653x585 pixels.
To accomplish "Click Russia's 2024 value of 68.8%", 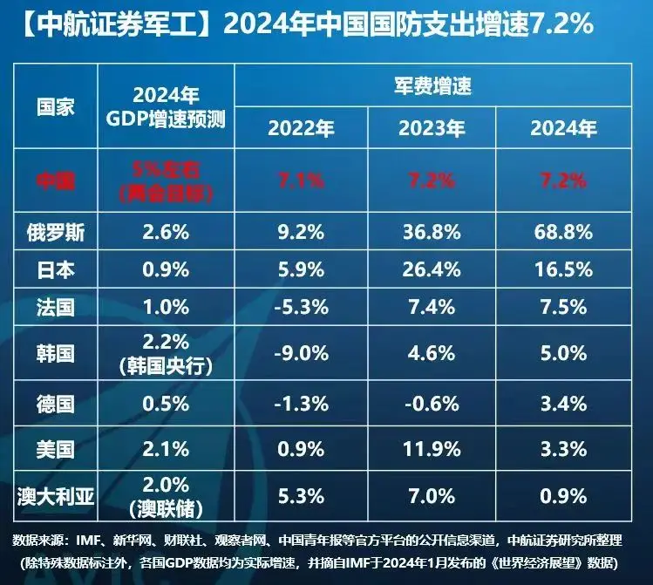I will click(563, 232).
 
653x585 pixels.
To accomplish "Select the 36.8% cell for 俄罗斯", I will click(429, 232).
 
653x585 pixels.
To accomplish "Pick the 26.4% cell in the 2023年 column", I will click(429, 270).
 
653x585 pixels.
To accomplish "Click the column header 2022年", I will click(301, 129).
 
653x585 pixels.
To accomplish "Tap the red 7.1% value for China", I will click(301, 181).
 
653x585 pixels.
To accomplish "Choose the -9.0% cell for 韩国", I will click(301, 354).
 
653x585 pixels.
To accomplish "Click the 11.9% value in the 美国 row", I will click(429, 449).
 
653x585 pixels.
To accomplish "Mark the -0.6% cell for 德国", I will click(429, 403).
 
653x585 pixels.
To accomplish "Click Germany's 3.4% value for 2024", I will click(563, 403).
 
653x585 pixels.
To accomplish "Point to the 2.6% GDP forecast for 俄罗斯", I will click(166, 232).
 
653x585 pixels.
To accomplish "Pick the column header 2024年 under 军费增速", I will click(563, 129).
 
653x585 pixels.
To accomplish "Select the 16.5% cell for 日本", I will click(563, 270).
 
